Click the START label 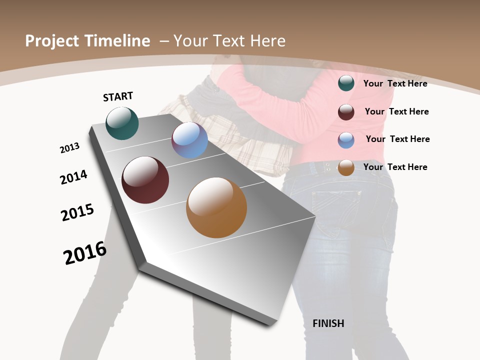(118, 96)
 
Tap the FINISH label (328, 323)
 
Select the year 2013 (70, 148)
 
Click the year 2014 (74, 177)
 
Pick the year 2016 (85, 253)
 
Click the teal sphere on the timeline (122, 123)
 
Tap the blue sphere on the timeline (189, 140)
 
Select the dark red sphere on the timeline (145, 180)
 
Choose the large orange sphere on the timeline (216, 207)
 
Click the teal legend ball (346, 83)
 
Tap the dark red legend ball (346, 112)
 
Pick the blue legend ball (346, 140)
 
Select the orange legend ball (346, 167)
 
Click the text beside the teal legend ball (395, 83)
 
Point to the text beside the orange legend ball (395, 167)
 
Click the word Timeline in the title (115, 41)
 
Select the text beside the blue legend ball (397, 139)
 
